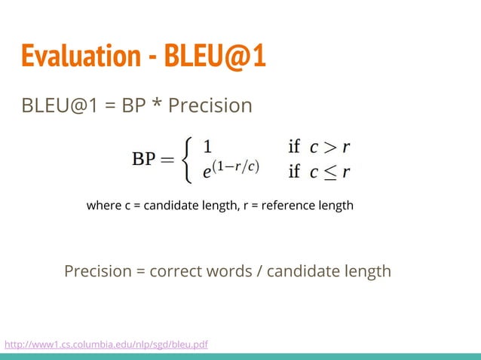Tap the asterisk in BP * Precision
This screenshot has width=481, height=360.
tap(156, 105)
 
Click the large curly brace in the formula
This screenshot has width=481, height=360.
tap(189, 160)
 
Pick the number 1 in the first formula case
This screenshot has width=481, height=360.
tap(207, 147)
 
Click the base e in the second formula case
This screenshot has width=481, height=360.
tap(207, 172)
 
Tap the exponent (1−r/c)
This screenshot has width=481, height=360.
tap(236, 167)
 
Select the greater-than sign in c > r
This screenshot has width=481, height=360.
tap(329, 147)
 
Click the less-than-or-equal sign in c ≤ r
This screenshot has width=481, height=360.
tap(329, 172)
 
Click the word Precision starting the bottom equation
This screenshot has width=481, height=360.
tap(98, 270)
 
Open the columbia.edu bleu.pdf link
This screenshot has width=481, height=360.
tap(106, 345)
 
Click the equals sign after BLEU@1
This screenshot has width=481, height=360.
tap(110, 105)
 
